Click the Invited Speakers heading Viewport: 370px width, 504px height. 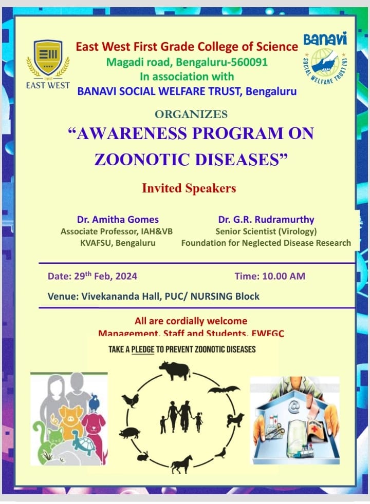tap(189, 188)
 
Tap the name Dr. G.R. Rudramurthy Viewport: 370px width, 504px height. tap(266, 220)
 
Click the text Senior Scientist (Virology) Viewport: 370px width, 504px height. tap(266, 231)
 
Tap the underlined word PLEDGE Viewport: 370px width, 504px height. tap(142, 350)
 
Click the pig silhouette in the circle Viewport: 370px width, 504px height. tap(129, 433)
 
